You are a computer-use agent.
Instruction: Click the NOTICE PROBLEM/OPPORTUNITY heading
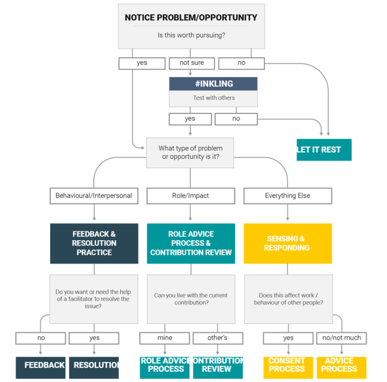[x=191, y=18]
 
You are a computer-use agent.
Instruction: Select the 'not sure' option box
[x=191, y=63]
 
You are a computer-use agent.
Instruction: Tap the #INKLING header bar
[x=213, y=84]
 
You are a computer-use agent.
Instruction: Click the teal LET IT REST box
[x=324, y=149]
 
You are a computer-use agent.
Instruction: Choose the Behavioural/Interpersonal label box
[x=94, y=196]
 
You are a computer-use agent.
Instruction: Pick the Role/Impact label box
[x=190, y=196]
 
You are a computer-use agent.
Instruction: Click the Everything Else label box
[x=287, y=196]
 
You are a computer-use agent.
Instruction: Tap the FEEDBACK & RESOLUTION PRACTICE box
[x=94, y=243]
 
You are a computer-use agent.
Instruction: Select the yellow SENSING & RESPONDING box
[x=287, y=243]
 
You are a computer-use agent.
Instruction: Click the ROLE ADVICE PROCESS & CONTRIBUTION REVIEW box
[x=191, y=243]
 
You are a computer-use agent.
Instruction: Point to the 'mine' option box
[x=165, y=338]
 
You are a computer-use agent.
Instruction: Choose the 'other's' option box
[x=217, y=338]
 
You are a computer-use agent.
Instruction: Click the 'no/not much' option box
[x=341, y=338]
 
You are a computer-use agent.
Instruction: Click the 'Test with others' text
[x=214, y=98]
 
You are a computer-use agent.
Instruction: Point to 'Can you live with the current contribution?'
[x=191, y=299]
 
